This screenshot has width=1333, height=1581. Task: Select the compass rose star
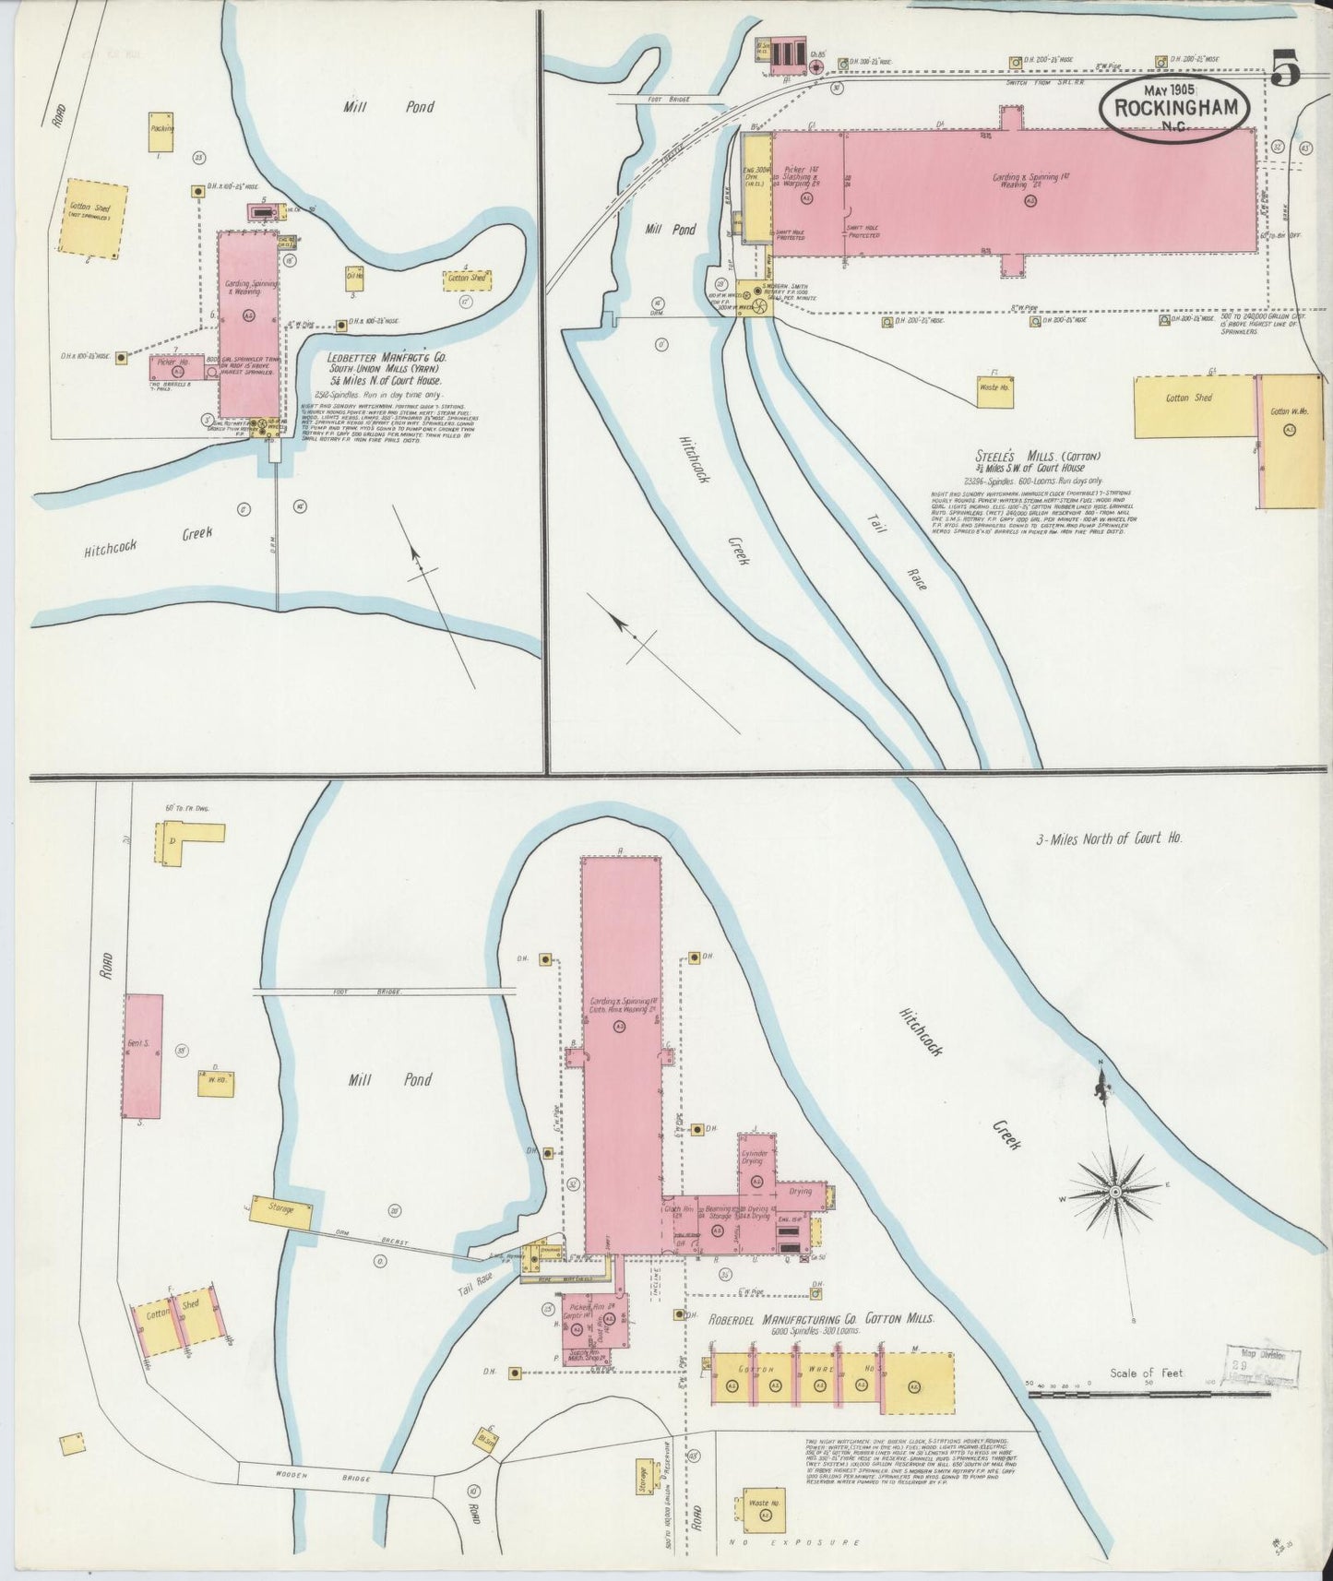[x=1115, y=1193]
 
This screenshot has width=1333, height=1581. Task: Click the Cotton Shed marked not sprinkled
[x=91, y=217]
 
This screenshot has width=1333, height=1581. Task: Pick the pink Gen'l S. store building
[x=143, y=1055]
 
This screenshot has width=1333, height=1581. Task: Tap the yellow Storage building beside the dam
[x=288, y=1208]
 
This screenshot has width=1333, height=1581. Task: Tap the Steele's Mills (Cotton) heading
[x=1038, y=457]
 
